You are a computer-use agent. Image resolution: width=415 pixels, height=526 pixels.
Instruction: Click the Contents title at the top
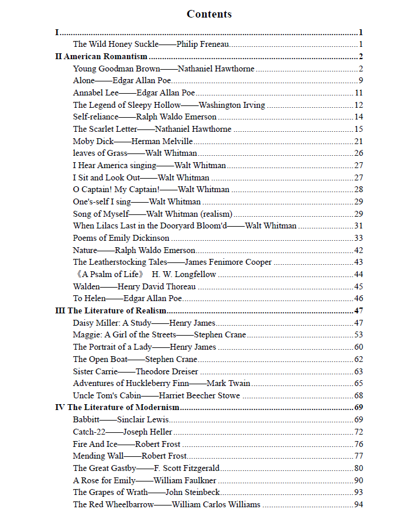(x=209, y=14)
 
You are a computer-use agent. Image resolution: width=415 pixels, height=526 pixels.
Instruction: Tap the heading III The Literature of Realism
(x=111, y=310)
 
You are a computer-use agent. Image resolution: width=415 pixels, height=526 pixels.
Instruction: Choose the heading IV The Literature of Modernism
(x=117, y=407)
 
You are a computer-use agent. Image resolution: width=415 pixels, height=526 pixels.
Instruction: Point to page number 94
(x=359, y=504)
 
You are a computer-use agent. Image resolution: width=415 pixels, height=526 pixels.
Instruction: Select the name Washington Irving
(x=232, y=105)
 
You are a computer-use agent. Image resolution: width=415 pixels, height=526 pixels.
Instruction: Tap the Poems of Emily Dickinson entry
(x=121, y=238)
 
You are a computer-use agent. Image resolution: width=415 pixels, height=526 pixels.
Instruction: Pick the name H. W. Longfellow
(x=184, y=274)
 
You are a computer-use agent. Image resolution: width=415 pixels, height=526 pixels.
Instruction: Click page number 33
(x=359, y=238)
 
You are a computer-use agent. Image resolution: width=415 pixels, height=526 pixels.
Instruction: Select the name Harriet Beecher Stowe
(x=200, y=395)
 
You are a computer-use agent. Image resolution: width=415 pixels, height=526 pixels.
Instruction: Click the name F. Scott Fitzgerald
(x=187, y=468)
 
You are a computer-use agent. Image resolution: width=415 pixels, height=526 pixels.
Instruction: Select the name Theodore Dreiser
(x=167, y=371)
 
